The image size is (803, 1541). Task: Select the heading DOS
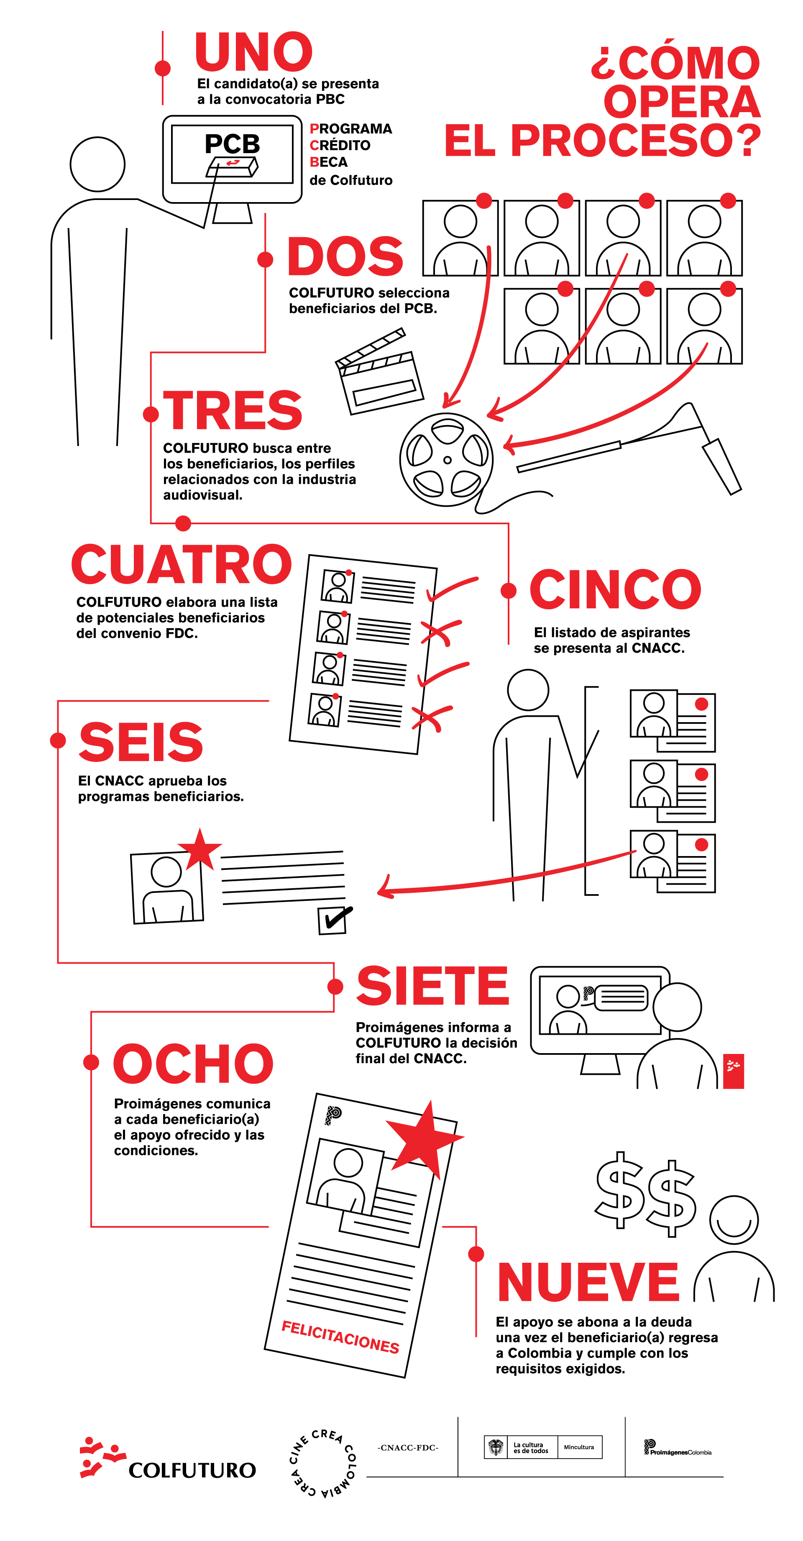(345, 256)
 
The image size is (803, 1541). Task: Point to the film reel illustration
(447, 459)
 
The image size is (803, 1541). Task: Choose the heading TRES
(233, 410)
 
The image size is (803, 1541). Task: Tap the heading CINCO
(615, 590)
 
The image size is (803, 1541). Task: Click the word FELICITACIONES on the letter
(340, 1337)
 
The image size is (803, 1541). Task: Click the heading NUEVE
(588, 1282)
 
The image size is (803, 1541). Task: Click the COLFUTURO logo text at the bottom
(192, 1470)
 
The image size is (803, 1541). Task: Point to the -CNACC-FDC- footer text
(408, 1448)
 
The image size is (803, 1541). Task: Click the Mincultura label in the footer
(579, 1447)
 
